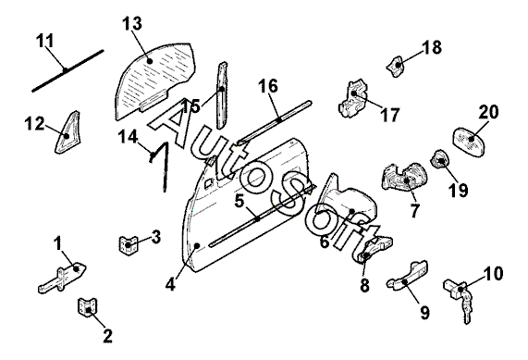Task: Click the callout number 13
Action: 132,24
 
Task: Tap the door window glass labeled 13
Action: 153,80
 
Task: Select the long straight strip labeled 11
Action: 68,70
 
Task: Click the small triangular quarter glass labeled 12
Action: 67,131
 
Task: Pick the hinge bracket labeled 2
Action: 88,308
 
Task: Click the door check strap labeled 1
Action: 62,278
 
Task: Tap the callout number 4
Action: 170,285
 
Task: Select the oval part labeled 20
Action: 470,142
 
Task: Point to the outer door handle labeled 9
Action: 408,275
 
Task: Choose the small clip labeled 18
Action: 396,66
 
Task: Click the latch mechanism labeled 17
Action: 351,98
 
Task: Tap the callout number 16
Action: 268,86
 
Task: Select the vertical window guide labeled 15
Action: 222,94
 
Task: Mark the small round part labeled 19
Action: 440,160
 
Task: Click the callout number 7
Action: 414,211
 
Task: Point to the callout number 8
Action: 364,286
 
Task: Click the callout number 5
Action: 239,201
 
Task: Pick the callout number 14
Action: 128,138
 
